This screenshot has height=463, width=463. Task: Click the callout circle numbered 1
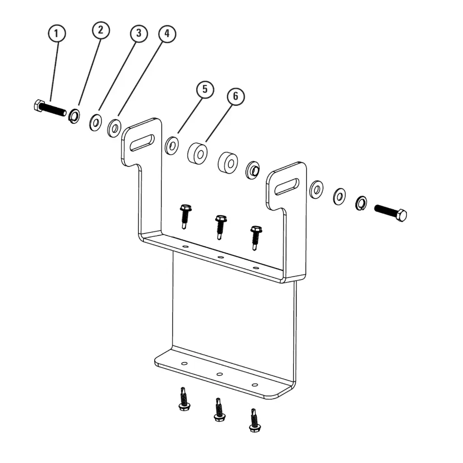click(x=57, y=33)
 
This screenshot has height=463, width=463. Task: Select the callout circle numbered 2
click(x=100, y=30)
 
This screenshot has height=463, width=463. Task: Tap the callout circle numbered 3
click(x=138, y=33)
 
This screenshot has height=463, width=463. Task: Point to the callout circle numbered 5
click(x=205, y=89)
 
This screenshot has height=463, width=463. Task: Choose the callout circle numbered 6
click(x=236, y=96)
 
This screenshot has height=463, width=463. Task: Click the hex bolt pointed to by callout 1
click(x=50, y=109)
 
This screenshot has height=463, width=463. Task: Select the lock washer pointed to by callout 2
click(x=74, y=116)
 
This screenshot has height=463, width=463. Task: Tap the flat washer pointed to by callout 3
click(x=95, y=123)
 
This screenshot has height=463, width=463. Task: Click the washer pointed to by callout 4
click(x=114, y=128)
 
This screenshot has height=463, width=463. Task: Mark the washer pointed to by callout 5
click(x=172, y=146)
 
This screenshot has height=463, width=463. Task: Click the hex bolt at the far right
click(x=391, y=212)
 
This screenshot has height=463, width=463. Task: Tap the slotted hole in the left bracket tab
click(x=142, y=142)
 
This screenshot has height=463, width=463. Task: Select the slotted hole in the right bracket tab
click(x=287, y=186)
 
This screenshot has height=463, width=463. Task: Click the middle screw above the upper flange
click(x=221, y=226)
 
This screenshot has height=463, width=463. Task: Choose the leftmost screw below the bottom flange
click(x=183, y=399)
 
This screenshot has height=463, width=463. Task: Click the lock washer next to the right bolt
click(x=361, y=203)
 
